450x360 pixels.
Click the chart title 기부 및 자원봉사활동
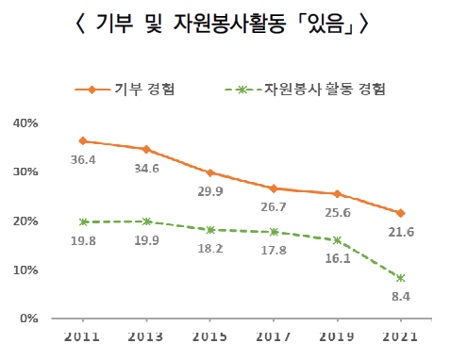coord(191,24)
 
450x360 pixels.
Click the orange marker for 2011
coord(83,140)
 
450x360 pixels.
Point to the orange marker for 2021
coord(401,213)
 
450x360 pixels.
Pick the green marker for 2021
coord(401,278)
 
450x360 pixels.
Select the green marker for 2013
coord(146,221)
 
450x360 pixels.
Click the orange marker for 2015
coord(210,172)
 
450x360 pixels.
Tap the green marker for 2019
coord(337,240)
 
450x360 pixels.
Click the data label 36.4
coord(83,160)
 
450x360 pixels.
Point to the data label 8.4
coord(401,296)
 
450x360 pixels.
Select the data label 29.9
coord(210,191)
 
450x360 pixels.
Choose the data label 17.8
coord(274,250)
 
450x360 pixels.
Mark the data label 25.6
coord(338,213)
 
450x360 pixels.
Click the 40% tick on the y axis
coord(25,123)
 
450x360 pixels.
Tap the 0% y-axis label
coord(29,319)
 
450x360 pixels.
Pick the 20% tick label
coord(25,221)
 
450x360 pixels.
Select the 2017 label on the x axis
coord(274,336)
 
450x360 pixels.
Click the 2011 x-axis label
coord(82,336)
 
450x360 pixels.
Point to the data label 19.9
coord(146,240)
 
